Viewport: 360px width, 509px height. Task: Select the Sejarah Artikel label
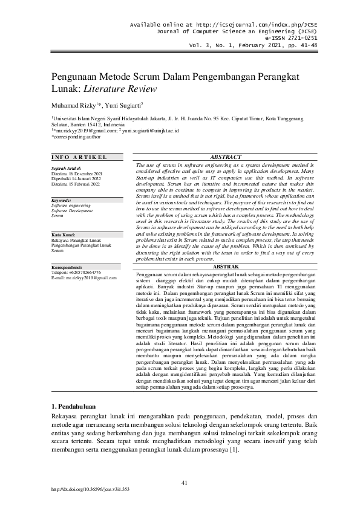(66, 168)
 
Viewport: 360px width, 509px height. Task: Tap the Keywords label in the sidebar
(62, 200)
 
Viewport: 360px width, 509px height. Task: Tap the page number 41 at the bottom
(185, 482)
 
